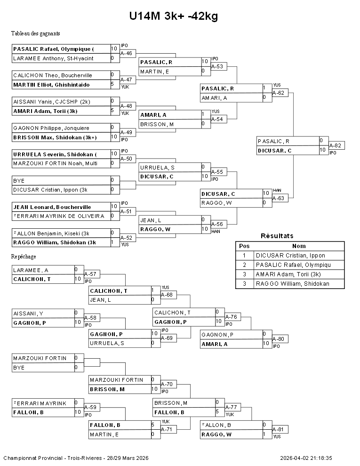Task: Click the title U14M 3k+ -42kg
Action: coord(174,16)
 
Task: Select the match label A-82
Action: coord(336,146)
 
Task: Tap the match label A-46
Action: coord(126,54)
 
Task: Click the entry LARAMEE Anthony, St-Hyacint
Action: coord(53,58)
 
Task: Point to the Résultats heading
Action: coord(277,236)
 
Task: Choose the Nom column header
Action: coord(299,246)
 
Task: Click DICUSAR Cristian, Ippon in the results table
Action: coord(290,256)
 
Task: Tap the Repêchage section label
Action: coord(24,257)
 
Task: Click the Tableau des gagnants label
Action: coord(35,33)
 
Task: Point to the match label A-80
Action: coord(280,339)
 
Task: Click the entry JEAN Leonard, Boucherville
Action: coord(52,207)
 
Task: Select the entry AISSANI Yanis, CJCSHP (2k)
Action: coord(52,101)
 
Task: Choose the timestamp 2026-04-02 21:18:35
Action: coord(306,458)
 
